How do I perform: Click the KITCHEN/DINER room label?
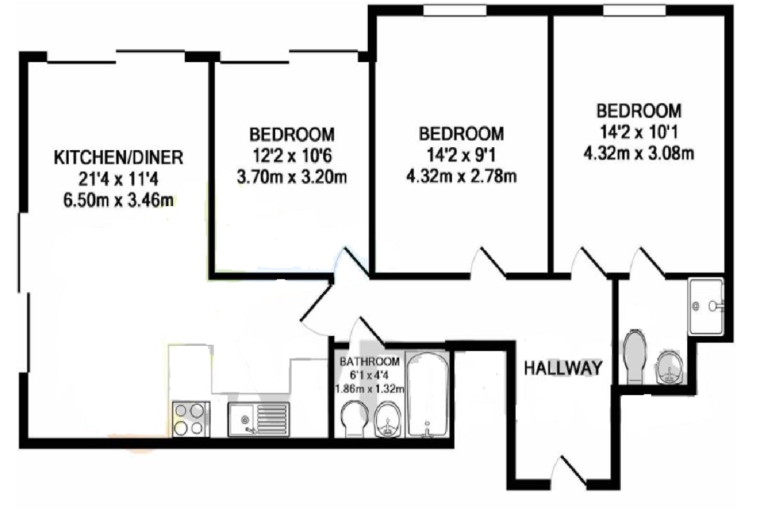(119, 158)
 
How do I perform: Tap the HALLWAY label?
(563, 368)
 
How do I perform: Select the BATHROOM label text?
(370, 361)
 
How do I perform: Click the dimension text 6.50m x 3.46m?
(119, 200)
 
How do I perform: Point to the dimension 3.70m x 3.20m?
(292, 176)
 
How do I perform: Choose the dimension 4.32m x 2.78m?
(461, 175)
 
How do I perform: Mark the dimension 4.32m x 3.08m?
(639, 153)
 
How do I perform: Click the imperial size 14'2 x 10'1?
(639, 131)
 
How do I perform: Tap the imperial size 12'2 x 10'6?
(292, 155)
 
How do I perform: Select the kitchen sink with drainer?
(259, 420)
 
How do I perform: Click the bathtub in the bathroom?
(428, 395)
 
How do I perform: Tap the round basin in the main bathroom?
(388, 420)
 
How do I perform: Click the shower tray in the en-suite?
(706, 306)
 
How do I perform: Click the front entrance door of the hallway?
(571, 471)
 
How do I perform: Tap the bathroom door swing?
(370, 330)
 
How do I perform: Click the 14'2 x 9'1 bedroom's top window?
(454, 10)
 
